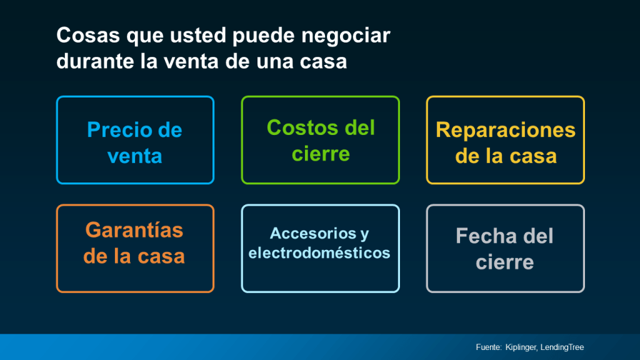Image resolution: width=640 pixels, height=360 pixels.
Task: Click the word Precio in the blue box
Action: pyautogui.click(x=119, y=130)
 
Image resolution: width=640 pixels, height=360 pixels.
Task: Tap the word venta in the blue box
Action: pyautogui.click(x=134, y=156)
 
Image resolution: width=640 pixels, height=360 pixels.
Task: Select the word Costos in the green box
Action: pyautogui.click(x=296, y=127)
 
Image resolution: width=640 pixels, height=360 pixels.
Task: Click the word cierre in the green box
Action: pyautogui.click(x=321, y=153)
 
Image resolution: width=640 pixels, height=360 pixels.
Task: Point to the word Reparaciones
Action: pyautogui.click(x=505, y=130)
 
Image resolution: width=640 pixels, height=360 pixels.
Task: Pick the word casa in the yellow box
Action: pyautogui.click(x=533, y=156)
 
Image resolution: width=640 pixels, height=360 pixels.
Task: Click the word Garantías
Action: pyautogui.click(x=134, y=230)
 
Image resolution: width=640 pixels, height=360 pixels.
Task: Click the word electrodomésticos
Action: pyautogui.click(x=319, y=253)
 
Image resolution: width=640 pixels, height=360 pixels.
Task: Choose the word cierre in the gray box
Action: pyautogui.click(x=505, y=262)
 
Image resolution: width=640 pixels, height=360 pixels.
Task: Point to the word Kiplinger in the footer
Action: pyautogui.click(x=522, y=347)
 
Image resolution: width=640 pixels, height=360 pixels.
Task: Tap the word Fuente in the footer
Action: pyautogui.click(x=488, y=347)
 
